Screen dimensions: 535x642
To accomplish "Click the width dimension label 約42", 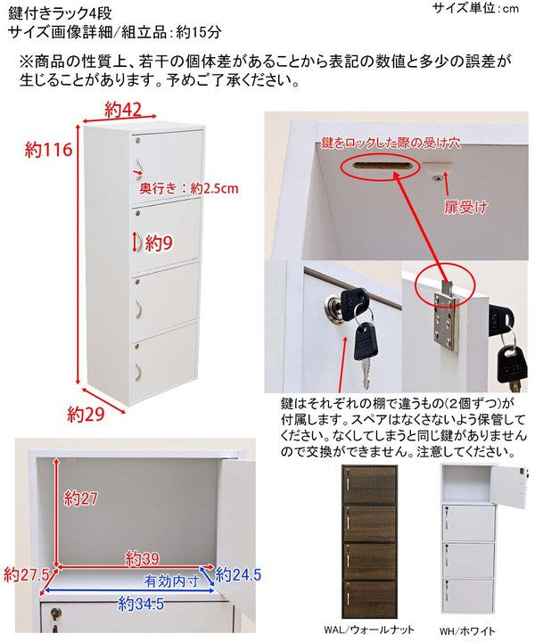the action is click(x=123, y=111).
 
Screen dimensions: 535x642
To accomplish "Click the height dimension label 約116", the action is click(x=48, y=150).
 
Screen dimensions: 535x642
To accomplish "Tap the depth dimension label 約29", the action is click(x=86, y=415).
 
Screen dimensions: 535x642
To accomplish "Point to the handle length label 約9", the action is click(x=159, y=243).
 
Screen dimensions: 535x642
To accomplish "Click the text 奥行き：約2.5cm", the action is click(x=189, y=188).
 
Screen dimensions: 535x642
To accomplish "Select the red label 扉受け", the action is click(x=465, y=207).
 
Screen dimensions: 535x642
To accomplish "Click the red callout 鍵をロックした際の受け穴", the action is click(x=391, y=143).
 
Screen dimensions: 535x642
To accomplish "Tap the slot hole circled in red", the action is click(x=380, y=165).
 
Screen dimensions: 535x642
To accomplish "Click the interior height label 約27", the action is click(x=80, y=498).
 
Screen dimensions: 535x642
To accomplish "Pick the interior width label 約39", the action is click(x=143, y=558).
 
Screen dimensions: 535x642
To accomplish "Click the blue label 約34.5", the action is click(x=141, y=603).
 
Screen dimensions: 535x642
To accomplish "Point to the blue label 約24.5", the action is click(x=238, y=574).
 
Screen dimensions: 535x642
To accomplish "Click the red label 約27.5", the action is click(x=26, y=574).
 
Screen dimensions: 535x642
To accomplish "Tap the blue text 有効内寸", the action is click(x=172, y=580).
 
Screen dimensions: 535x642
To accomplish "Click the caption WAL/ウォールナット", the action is click(x=369, y=630).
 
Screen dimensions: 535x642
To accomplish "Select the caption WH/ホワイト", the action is click(x=467, y=631).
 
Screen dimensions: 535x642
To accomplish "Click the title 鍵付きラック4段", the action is click(x=60, y=13).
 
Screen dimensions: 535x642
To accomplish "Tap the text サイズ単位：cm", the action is click(x=475, y=8).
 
